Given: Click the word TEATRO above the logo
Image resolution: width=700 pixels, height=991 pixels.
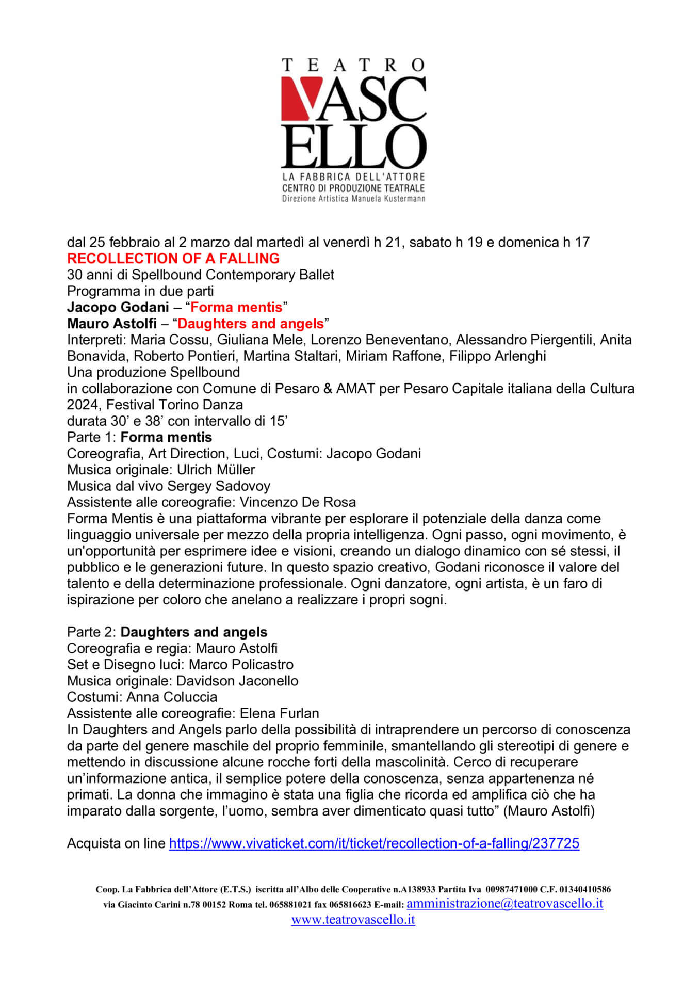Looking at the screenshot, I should (x=353, y=65).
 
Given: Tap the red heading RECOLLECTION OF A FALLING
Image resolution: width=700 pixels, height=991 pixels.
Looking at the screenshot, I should (x=173, y=258).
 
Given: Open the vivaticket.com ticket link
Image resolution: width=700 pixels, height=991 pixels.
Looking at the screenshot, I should (x=374, y=843).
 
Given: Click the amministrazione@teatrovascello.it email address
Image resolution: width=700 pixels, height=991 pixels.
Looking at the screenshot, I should (x=504, y=903).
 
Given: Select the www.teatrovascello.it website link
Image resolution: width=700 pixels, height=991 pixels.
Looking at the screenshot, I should (x=353, y=919).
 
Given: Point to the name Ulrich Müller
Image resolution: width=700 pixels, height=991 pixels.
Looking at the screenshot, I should (x=216, y=470).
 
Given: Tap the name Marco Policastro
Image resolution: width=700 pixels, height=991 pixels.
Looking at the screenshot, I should (x=241, y=664).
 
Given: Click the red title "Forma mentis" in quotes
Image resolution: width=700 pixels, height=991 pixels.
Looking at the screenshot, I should (x=236, y=307).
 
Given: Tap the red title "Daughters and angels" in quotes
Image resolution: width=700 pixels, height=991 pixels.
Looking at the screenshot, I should (x=251, y=324).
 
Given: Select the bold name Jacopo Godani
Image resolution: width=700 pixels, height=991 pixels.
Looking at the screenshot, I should (x=118, y=307).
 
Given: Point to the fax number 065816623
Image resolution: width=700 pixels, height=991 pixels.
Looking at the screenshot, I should (x=346, y=905).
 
